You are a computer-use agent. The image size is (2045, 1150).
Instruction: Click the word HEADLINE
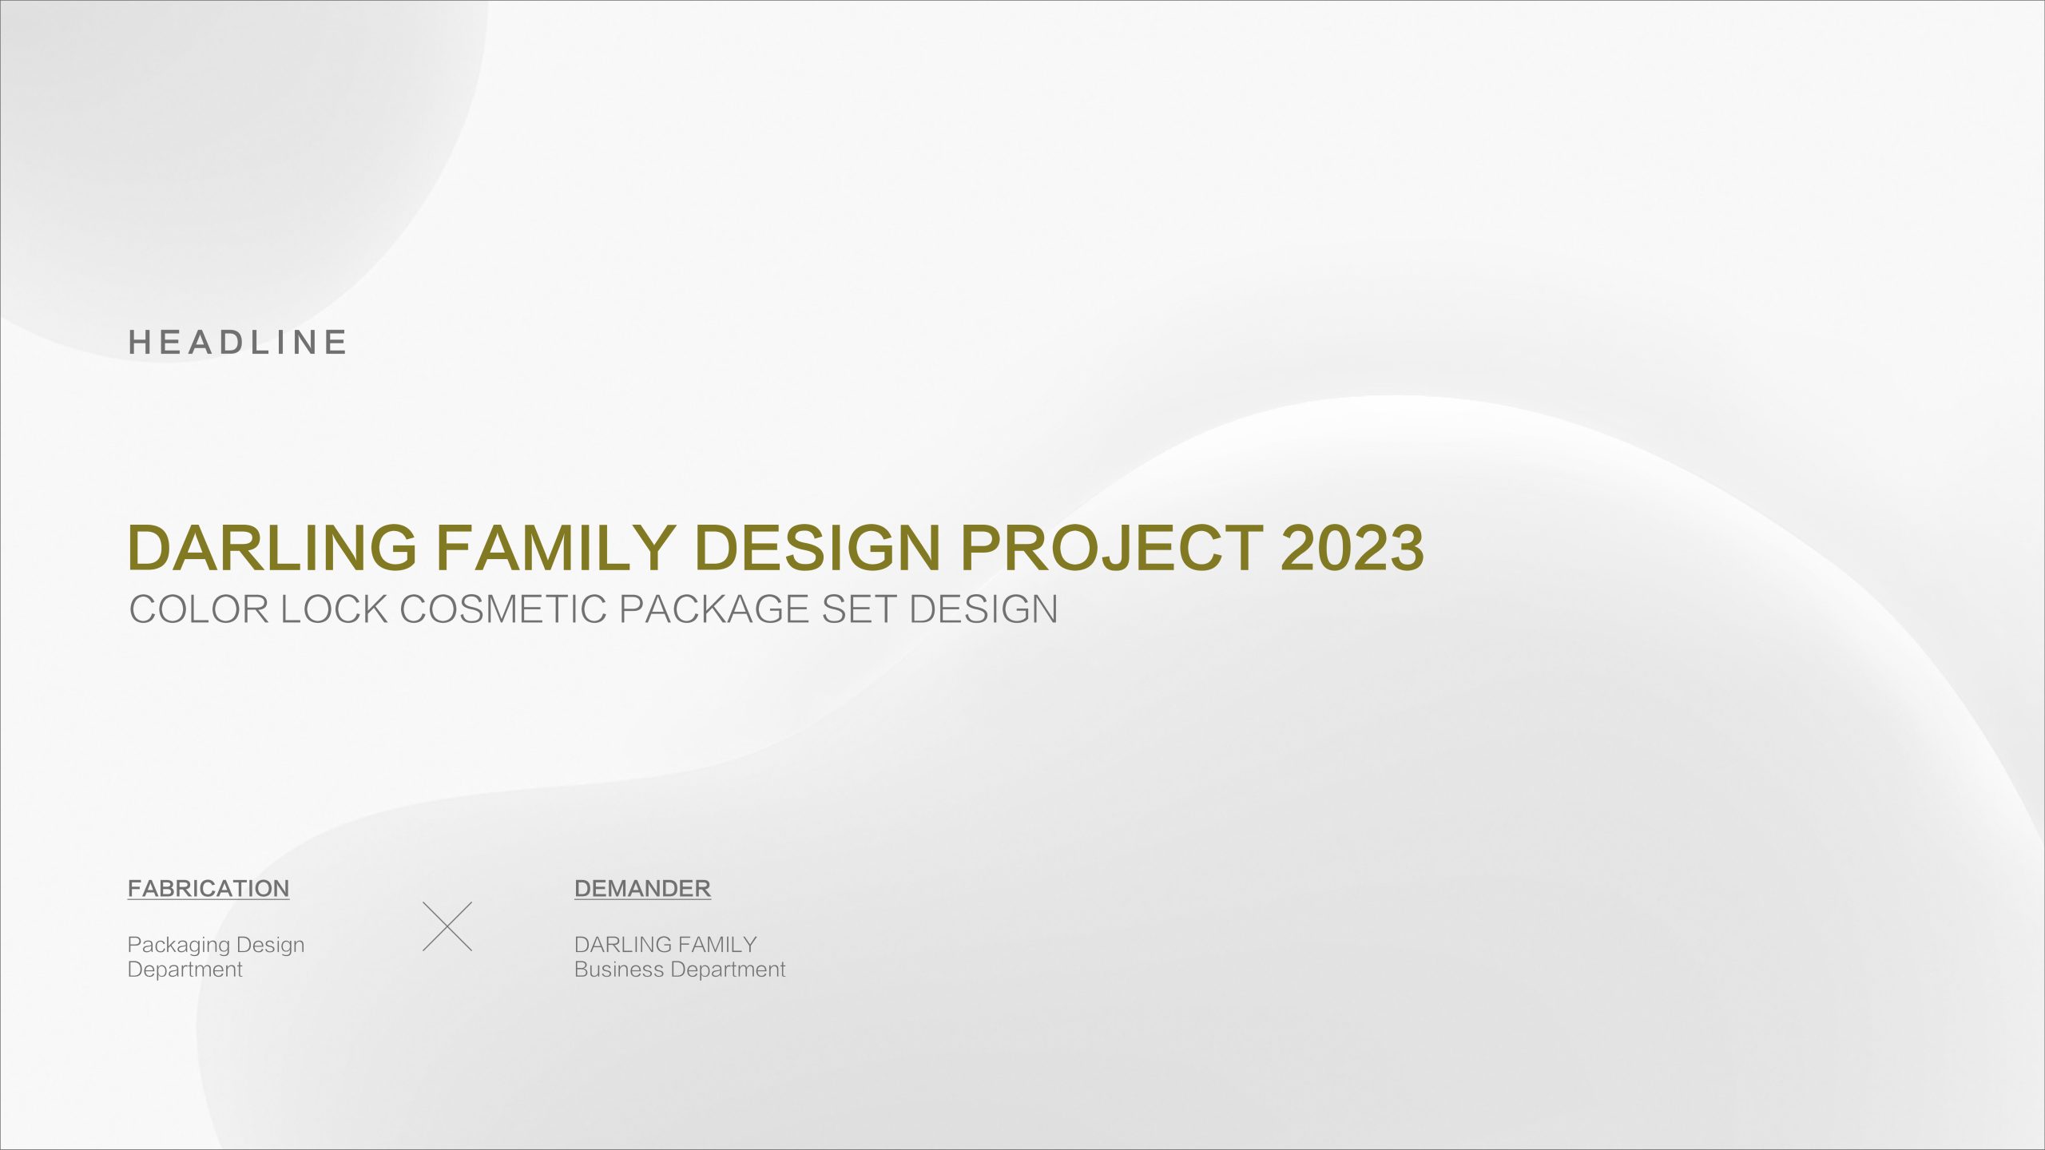[237, 343]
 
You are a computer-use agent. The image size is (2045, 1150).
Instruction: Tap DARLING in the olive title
[272, 548]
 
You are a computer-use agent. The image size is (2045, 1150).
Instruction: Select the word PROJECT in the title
[1111, 548]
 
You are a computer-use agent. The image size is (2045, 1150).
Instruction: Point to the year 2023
[1352, 548]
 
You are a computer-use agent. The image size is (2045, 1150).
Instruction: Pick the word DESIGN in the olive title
[818, 548]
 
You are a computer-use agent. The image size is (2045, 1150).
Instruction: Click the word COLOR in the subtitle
[199, 609]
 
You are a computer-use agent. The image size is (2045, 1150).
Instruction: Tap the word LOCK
[333, 609]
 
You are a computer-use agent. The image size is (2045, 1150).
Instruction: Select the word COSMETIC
[503, 609]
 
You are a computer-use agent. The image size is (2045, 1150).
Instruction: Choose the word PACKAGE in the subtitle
[715, 609]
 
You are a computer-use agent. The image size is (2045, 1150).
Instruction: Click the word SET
[859, 609]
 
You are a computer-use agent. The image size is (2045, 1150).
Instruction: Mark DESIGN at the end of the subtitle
[983, 609]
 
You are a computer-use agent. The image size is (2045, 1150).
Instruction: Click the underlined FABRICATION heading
[208, 889]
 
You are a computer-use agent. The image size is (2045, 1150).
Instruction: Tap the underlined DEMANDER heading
[642, 889]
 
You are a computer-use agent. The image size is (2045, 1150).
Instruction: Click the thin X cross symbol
[447, 926]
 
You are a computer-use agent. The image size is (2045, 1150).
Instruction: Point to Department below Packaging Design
[185, 970]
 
